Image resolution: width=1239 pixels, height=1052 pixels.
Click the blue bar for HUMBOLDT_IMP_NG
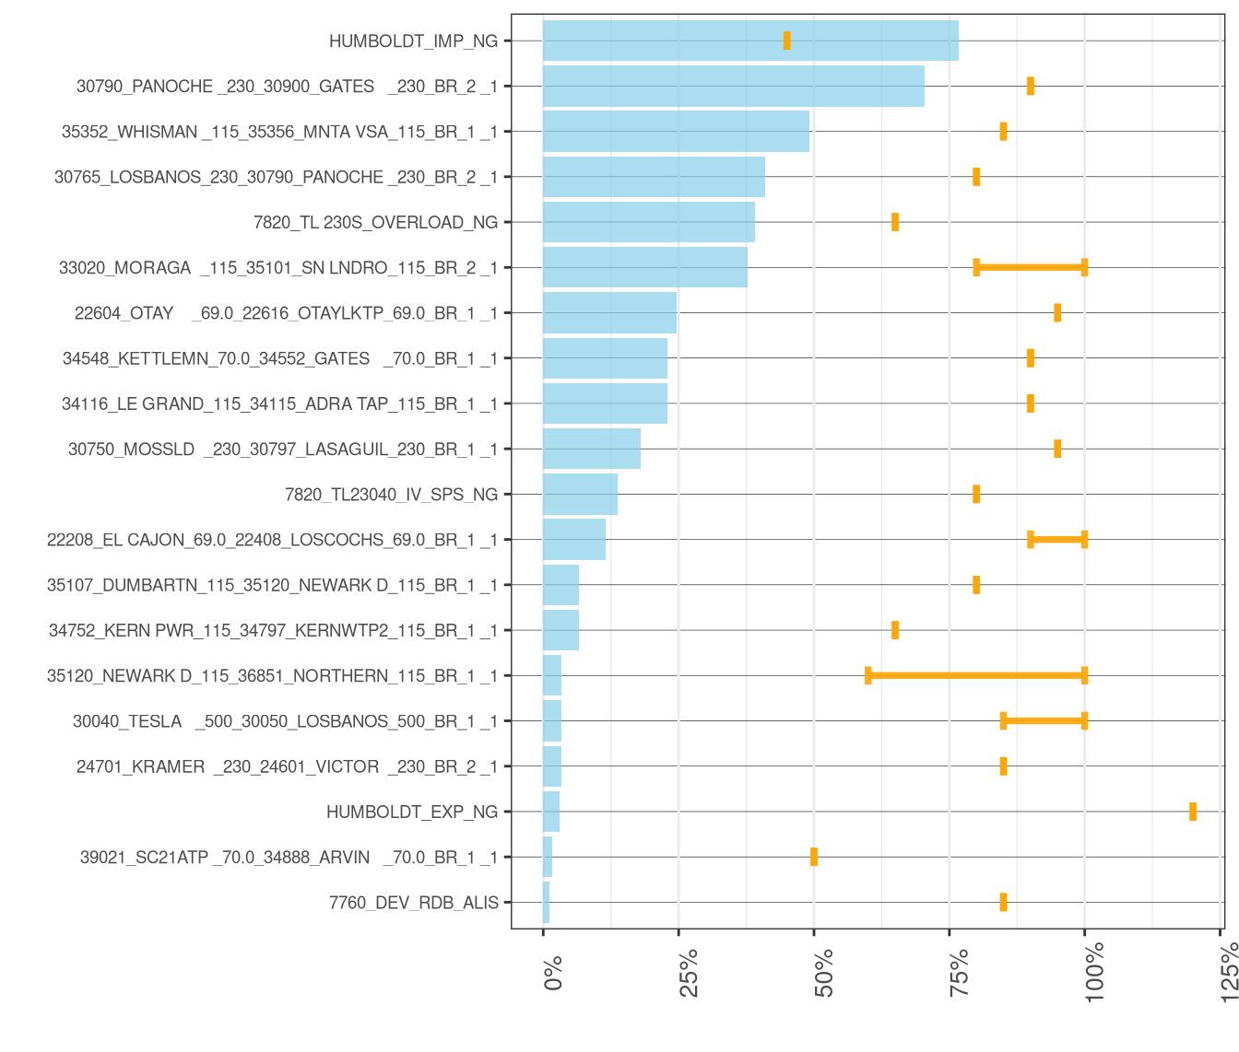(x=750, y=41)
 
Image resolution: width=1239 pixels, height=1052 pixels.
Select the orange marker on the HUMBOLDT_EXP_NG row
(x=1192, y=812)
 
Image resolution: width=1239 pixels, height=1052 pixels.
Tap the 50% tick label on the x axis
(x=823, y=972)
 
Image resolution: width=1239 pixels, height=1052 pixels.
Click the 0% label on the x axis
(x=553, y=974)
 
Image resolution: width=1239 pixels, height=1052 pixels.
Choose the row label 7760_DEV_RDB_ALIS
(x=413, y=903)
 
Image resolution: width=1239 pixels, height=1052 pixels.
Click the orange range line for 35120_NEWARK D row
(x=975, y=676)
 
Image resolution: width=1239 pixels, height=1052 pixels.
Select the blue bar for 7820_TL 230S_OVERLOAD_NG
(x=648, y=222)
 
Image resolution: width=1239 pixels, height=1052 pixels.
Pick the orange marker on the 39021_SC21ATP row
(x=813, y=857)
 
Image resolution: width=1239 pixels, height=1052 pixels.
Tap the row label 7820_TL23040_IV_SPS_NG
(x=391, y=495)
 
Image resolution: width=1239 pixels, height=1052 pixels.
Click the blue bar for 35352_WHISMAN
(x=676, y=132)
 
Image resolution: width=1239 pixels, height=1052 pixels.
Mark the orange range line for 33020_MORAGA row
(x=1030, y=267)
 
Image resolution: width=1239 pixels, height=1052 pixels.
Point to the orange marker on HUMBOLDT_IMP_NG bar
(x=786, y=41)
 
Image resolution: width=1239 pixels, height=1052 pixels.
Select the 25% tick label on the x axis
(x=689, y=972)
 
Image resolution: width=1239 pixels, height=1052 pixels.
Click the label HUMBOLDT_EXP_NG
(x=411, y=812)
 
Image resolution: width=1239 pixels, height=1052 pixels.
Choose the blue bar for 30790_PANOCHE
(x=733, y=86)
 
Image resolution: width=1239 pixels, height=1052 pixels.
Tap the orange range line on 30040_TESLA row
(x=1044, y=721)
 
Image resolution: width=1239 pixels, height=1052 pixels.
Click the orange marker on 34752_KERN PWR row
(x=894, y=630)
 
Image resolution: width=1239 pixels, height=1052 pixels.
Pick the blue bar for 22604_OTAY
(x=609, y=313)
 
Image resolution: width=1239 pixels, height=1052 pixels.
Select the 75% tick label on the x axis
(x=959, y=972)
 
